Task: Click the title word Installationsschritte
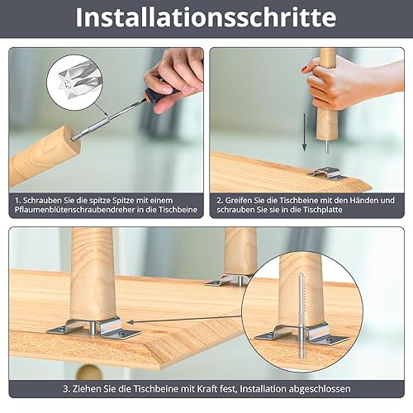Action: pyautogui.click(x=206, y=17)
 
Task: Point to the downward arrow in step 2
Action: pyautogui.click(x=304, y=132)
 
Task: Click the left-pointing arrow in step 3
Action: pyautogui.click(x=184, y=319)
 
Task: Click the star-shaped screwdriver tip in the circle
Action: pyautogui.click(x=66, y=83)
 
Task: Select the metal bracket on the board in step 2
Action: pyautogui.click(x=326, y=174)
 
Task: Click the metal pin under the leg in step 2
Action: pyautogui.click(x=326, y=146)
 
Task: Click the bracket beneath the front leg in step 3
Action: pyautogui.click(x=93, y=329)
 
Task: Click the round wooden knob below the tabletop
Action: pyautogui.click(x=85, y=373)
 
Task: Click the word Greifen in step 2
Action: pyautogui.click(x=240, y=201)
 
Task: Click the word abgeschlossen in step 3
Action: pyautogui.click(x=320, y=389)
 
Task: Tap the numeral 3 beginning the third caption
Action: pyautogui.click(x=66, y=389)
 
